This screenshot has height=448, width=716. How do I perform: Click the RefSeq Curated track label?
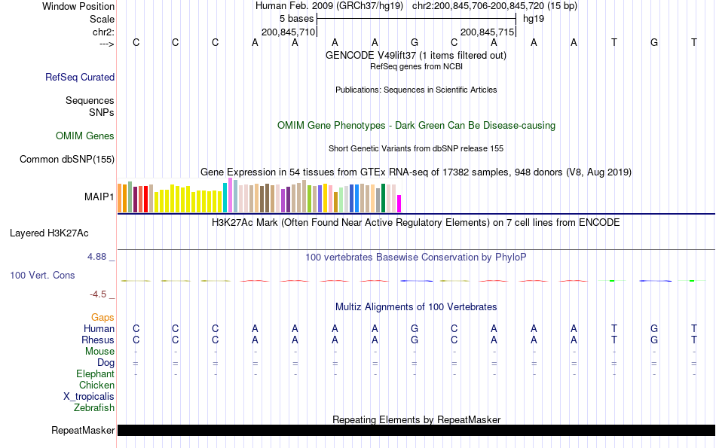[80, 77]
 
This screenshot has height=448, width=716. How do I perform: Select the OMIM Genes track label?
[85, 136]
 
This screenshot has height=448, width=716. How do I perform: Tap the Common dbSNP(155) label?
[67, 159]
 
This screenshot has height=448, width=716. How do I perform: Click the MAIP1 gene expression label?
[99, 197]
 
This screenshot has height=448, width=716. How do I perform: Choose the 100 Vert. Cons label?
[42, 276]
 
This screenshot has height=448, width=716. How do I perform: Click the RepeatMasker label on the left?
[83, 431]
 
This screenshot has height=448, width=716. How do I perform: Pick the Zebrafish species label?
[94, 408]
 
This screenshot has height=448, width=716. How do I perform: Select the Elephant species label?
[95, 374]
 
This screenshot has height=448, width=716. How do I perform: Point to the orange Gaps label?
[103, 318]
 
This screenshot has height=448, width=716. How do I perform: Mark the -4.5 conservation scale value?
[98, 294]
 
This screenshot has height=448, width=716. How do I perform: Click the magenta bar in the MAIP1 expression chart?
[399, 203]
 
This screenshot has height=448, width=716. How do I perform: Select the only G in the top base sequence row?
[414, 42]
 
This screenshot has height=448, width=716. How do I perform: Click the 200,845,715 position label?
[487, 32]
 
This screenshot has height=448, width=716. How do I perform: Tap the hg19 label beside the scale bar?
[534, 18]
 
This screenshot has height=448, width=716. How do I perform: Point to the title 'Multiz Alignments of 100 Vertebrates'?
[416, 307]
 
